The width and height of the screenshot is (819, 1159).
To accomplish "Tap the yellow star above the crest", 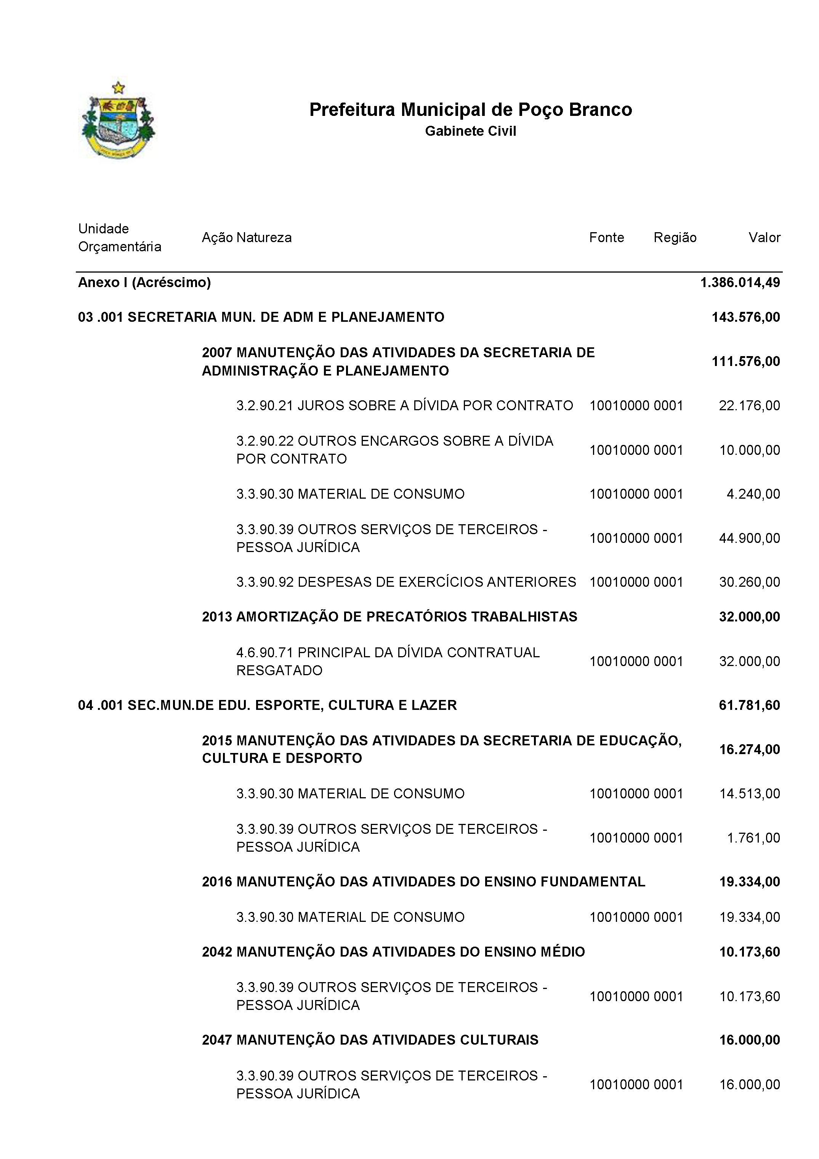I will pos(118,88).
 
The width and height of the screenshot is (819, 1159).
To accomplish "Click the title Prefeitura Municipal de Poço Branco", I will pos(470,109).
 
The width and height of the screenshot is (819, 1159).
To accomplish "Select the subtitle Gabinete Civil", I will pos(470,131).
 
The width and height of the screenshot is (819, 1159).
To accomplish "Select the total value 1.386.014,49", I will pos(740,282).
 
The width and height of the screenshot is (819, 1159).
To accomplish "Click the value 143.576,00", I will pos(745,317).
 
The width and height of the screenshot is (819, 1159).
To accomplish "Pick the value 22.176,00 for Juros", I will pos(749,405).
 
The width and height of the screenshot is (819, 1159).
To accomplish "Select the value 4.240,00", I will pos(753,494).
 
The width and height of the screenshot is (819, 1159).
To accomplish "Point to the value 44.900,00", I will pos(749,538).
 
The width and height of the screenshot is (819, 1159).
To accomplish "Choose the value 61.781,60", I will pos(749,705).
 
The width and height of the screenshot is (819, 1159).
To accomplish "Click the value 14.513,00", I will pos(749,793).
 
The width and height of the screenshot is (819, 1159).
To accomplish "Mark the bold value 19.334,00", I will pos(749,881).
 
